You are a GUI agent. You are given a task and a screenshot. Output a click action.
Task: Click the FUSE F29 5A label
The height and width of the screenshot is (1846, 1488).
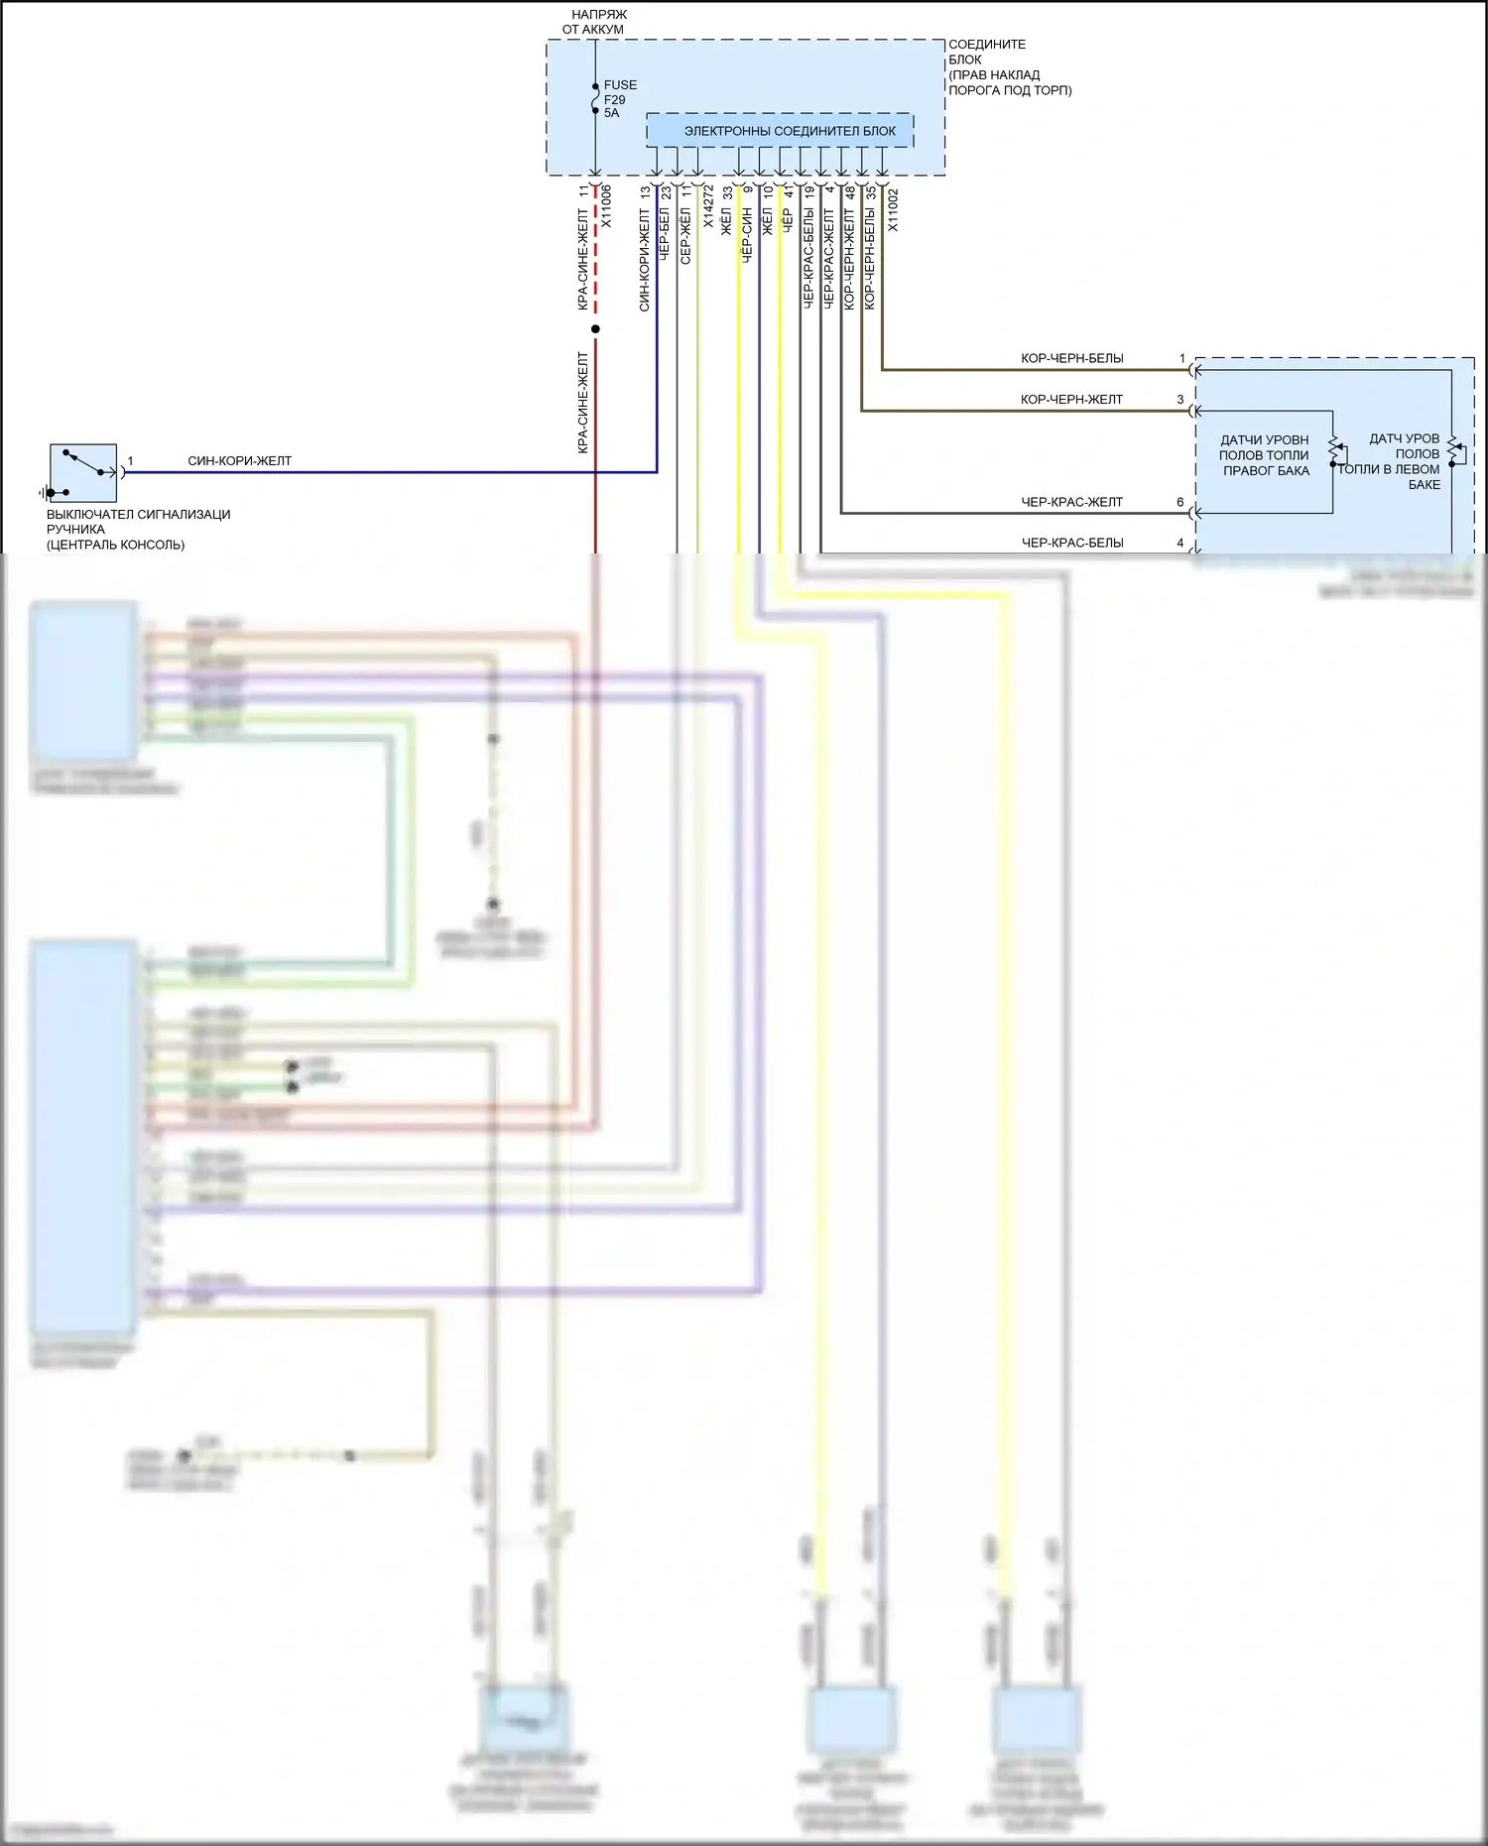619,99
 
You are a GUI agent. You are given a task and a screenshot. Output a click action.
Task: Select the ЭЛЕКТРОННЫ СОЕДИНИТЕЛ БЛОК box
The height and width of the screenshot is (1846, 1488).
780,131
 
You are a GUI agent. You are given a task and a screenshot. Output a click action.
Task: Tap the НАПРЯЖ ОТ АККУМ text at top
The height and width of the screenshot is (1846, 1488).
595,22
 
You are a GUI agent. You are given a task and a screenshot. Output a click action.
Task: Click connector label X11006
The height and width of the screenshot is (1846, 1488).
606,206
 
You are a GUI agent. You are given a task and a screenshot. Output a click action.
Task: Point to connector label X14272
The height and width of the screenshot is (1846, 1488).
708,206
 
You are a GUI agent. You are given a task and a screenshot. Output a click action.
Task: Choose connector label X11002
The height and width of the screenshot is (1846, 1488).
893,210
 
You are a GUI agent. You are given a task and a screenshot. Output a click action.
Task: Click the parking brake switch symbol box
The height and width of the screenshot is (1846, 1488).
83,472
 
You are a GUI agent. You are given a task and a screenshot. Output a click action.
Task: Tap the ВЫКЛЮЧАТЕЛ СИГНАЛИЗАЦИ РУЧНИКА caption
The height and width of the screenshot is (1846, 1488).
138,529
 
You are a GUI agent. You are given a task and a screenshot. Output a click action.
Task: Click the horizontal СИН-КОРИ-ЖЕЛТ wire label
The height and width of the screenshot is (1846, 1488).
239,461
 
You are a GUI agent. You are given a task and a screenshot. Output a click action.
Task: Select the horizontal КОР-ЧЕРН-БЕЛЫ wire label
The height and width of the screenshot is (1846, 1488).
1071,358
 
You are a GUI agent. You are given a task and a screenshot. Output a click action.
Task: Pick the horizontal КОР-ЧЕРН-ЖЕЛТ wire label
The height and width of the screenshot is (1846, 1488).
1071,400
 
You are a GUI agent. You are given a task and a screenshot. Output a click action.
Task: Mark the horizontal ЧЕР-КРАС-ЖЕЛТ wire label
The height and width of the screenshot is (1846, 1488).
1071,502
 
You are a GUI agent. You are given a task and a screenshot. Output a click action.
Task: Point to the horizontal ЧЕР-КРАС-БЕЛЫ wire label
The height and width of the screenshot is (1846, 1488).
1071,543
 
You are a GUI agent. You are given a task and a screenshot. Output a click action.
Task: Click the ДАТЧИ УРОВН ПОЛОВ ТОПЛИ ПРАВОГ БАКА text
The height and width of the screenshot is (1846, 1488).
1265,455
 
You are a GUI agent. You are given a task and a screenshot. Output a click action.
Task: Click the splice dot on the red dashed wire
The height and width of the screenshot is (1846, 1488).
595,329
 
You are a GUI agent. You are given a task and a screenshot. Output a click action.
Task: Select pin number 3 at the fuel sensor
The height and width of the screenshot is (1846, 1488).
1180,400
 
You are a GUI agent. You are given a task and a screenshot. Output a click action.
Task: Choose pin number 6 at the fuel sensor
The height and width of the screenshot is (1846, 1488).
1180,502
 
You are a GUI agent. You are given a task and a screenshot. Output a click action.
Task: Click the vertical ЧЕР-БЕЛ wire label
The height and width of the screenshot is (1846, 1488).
665,236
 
